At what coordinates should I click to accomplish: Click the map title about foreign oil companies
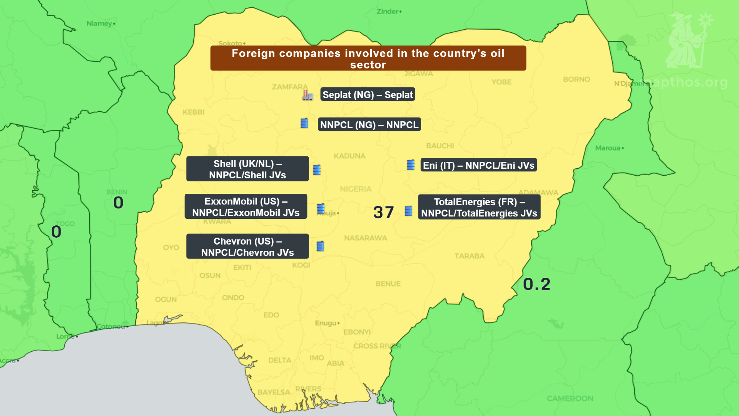[368, 58]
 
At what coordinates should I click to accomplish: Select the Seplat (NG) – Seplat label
[367, 94]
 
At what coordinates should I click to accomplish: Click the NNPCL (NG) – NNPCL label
[369, 124]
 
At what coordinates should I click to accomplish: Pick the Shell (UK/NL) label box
[247, 169]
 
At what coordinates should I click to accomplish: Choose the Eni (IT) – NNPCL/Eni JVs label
[478, 165]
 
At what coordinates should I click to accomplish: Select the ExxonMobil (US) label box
[246, 206]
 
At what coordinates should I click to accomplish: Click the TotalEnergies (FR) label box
[479, 207]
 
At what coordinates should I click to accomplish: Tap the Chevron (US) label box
[247, 247]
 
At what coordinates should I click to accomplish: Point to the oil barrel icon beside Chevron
[320, 246]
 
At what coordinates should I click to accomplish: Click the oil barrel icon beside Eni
[411, 165]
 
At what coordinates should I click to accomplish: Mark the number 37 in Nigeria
[383, 212]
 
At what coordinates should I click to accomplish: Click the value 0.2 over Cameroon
[537, 284]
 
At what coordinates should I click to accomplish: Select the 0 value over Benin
[118, 203]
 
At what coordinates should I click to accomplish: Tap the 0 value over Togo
[56, 232]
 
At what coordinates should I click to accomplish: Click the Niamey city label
[100, 23]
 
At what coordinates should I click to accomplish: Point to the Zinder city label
[388, 12]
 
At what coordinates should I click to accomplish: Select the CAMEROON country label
[570, 398]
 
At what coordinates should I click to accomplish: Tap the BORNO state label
[576, 79]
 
